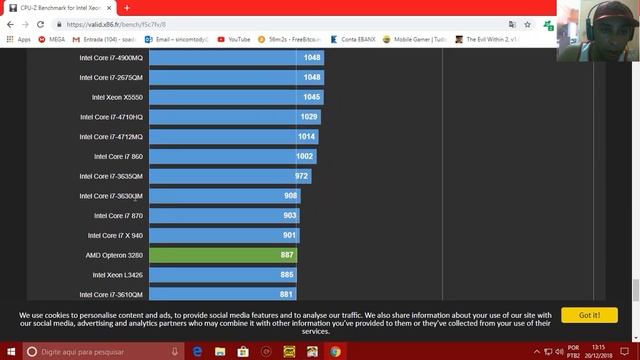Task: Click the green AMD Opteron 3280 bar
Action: pos(222,255)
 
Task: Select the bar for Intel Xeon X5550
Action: pos(235,97)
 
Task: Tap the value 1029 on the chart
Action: pos(309,117)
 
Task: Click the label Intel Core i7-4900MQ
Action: pos(111,57)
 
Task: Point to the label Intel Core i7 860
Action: pos(118,156)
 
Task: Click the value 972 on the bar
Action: pos(301,176)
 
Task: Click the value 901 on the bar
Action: pos(289,235)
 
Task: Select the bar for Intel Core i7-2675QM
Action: pos(235,77)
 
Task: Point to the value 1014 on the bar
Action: pos(307,136)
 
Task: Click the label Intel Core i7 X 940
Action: pos(115,235)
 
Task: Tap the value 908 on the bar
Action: pos(290,196)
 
